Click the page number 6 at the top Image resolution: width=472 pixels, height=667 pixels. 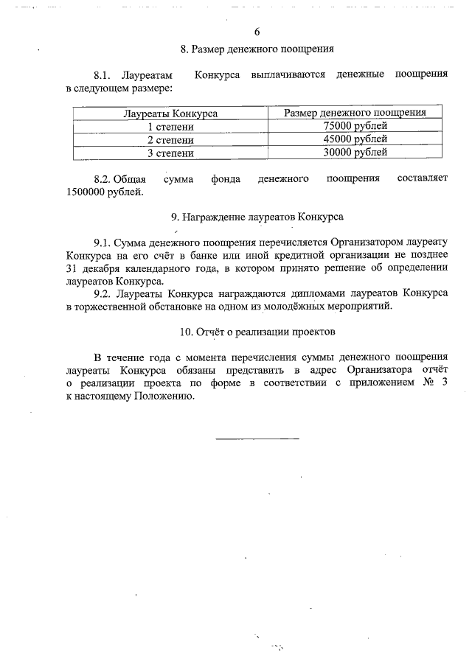click(257, 32)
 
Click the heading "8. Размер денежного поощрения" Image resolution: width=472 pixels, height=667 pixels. click(257, 49)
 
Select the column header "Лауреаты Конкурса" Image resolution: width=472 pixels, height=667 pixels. click(170, 114)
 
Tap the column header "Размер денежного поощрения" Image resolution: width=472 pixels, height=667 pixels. click(355, 113)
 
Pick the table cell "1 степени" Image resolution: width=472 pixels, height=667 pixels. click(170, 127)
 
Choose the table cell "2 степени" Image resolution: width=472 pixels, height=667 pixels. click(170, 140)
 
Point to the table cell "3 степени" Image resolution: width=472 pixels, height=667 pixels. click(170, 153)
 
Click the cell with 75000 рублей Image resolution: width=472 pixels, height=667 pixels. click(355, 126)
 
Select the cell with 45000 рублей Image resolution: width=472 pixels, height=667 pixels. click(355, 139)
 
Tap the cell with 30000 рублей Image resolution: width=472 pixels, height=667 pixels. click(355, 153)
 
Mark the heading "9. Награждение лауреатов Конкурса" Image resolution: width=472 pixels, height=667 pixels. click(257, 217)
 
